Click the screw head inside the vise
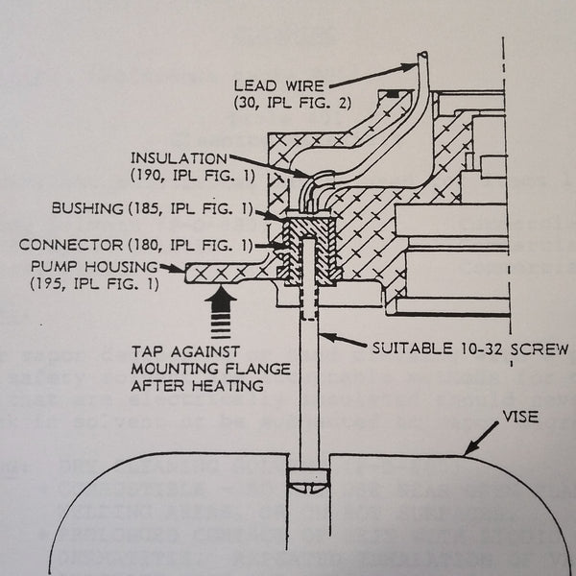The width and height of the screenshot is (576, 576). (x=308, y=486)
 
